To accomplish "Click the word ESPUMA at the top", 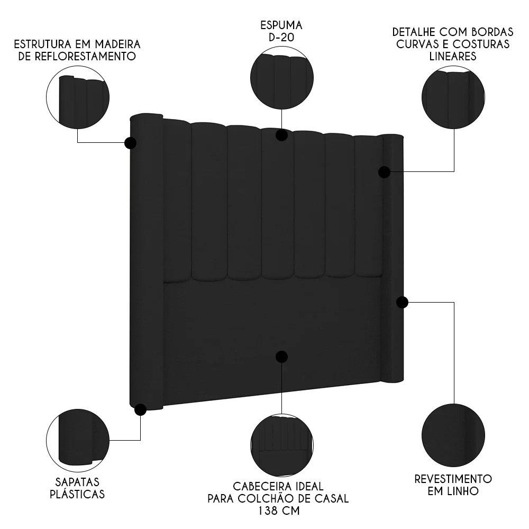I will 281,25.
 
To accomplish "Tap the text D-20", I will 281,38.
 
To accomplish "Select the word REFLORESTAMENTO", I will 77,56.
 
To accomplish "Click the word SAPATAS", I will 77,482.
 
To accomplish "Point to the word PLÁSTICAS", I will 77,495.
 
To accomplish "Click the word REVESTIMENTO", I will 453,479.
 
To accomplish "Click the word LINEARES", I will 453,56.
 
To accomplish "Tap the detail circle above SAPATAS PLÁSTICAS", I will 77,441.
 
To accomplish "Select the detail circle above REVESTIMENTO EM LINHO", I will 453,436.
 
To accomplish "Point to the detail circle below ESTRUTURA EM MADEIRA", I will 77,98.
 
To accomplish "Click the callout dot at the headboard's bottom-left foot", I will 141,409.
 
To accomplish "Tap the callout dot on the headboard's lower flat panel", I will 282,357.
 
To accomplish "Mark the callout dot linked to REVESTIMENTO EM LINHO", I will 402,302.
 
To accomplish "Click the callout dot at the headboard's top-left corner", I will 130,143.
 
